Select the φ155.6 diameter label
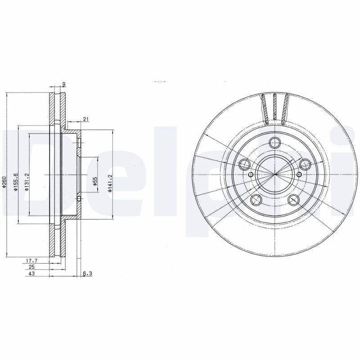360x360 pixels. [15, 183]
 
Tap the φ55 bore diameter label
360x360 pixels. [95, 181]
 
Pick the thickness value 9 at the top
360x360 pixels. [64, 84]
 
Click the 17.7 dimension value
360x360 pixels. [31, 261]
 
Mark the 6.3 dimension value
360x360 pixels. [87, 273]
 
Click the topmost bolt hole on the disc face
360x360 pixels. [274, 143]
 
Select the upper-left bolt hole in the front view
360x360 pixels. [244, 164]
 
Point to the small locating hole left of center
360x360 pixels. [251, 175]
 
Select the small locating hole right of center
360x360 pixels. [298, 175]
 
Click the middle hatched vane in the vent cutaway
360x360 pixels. [274, 108]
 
